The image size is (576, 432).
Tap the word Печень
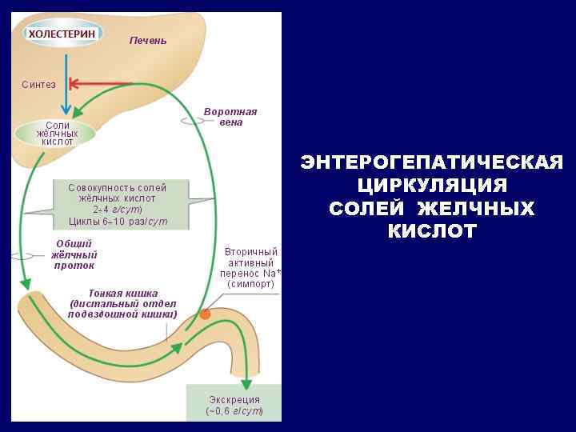(148, 40)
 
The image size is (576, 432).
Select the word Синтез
(39, 84)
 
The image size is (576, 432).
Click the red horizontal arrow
(101, 83)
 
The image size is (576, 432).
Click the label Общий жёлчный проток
(74, 254)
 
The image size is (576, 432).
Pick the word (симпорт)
(250, 284)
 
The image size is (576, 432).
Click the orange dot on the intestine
(205, 314)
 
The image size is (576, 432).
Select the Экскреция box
(234, 405)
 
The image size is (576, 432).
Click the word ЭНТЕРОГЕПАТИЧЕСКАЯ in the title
(432, 163)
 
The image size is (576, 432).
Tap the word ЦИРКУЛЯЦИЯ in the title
(432, 186)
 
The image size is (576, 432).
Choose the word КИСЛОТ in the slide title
(432, 232)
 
